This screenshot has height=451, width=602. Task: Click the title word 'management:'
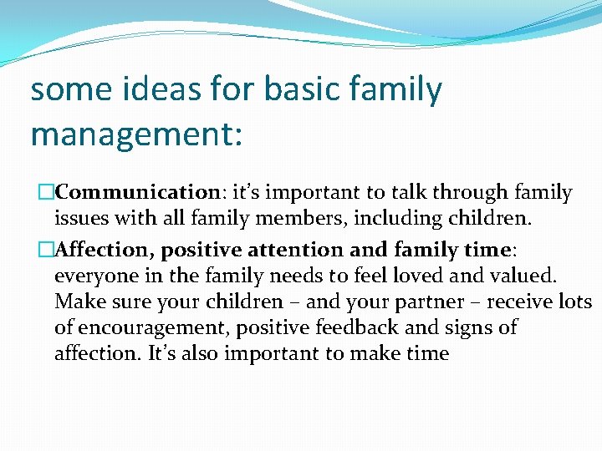[136, 134]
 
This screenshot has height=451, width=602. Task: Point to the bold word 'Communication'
[137, 193]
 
